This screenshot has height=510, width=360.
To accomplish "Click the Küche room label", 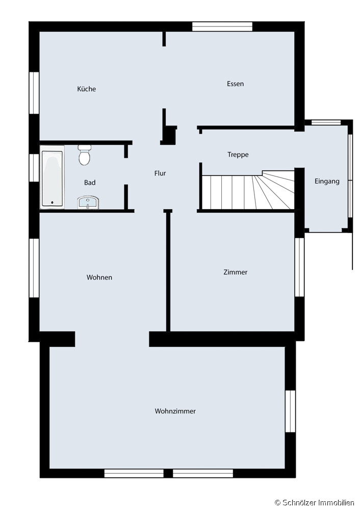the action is (87, 89).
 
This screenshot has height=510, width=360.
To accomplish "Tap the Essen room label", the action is (236, 84).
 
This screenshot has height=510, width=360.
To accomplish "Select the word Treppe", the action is (238, 155).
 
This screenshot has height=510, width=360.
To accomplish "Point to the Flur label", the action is (160, 173).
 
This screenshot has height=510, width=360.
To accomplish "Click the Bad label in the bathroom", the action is (90, 183).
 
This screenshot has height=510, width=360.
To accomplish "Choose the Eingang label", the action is (327, 182).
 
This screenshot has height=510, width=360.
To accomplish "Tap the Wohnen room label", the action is (99, 277).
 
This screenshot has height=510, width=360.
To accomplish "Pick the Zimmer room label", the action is (236, 272).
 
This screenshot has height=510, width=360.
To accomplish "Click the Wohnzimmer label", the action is (175, 411).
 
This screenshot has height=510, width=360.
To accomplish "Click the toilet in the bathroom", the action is (85, 155).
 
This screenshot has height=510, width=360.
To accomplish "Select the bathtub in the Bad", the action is (52, 177).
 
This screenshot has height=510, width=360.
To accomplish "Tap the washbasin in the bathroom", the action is (88, 202).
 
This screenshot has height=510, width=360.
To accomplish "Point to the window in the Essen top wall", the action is (222, 27).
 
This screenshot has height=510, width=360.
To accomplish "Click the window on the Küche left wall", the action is (34, 93).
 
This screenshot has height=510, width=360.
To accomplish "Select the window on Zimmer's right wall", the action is (299, 267).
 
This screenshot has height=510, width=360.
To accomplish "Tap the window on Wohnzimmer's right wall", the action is (290, 411).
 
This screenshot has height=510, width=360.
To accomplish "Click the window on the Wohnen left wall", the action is (34, 268).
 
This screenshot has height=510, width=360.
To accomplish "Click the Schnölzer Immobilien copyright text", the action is (315, 503).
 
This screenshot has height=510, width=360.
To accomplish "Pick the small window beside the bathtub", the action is (34, 167).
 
